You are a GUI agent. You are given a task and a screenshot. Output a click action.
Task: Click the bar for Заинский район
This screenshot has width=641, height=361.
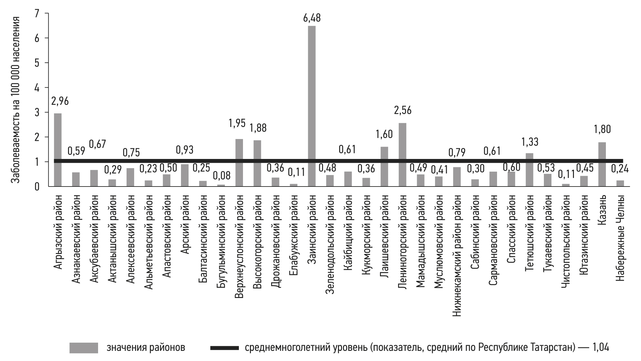tap(312, 106)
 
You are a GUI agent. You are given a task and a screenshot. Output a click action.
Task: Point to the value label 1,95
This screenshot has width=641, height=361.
tap(237, 123)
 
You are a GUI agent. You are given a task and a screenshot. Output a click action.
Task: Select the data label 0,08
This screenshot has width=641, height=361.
tap(221, 175)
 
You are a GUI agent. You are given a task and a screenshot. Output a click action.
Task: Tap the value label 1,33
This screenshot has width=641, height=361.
tap(530, 142)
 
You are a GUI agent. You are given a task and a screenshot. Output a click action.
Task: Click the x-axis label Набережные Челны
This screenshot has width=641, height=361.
tap(620, 238)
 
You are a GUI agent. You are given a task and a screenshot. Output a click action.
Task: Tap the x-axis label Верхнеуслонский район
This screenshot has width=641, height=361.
tap(239, 247)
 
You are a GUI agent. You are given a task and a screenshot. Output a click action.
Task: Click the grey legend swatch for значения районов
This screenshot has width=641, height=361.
tap(84, 348)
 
